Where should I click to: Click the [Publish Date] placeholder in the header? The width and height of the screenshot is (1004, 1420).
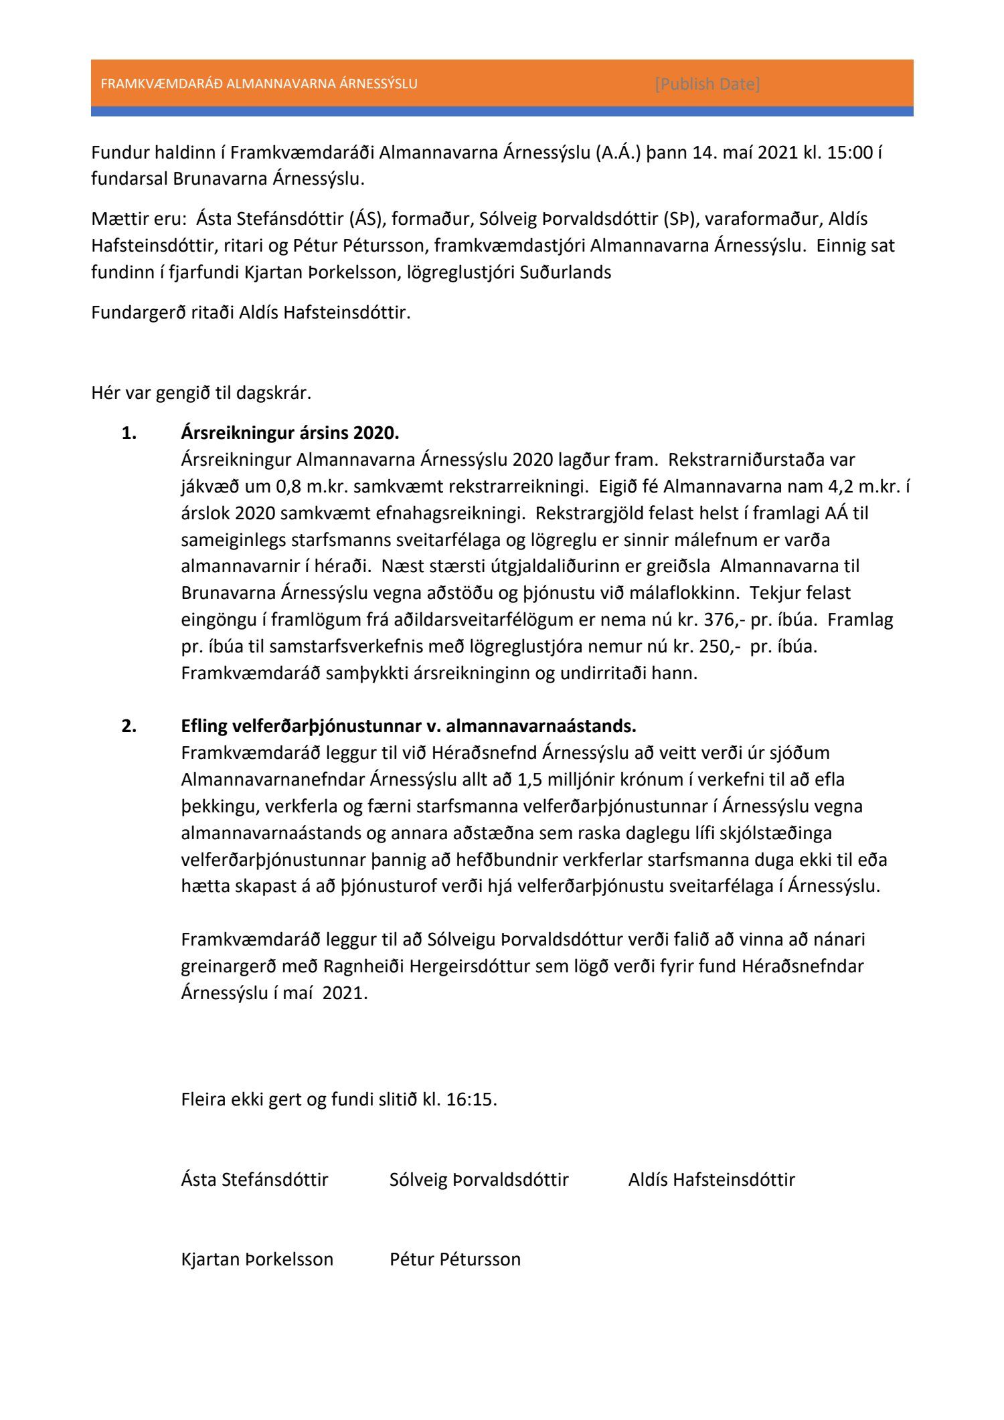tap(707, 84)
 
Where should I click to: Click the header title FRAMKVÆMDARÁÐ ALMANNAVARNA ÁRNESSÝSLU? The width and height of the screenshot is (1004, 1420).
tap(259, 84)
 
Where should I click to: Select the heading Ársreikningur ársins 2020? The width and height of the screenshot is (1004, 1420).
tap(290, 433)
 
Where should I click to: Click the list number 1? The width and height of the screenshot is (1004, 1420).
tap(129, 433)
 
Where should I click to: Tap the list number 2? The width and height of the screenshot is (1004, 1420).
tap(129, 726)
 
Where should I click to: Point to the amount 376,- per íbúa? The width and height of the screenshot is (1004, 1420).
tap(724, 620)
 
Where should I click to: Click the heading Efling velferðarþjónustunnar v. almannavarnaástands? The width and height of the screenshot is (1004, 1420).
tap(408, 726)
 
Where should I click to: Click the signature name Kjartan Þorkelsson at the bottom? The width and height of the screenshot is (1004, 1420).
tap(257, 1259)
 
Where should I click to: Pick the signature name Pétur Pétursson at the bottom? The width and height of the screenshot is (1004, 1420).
tap(455, 1259)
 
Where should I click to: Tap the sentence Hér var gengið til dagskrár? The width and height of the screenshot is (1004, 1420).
tap(201, 393)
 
